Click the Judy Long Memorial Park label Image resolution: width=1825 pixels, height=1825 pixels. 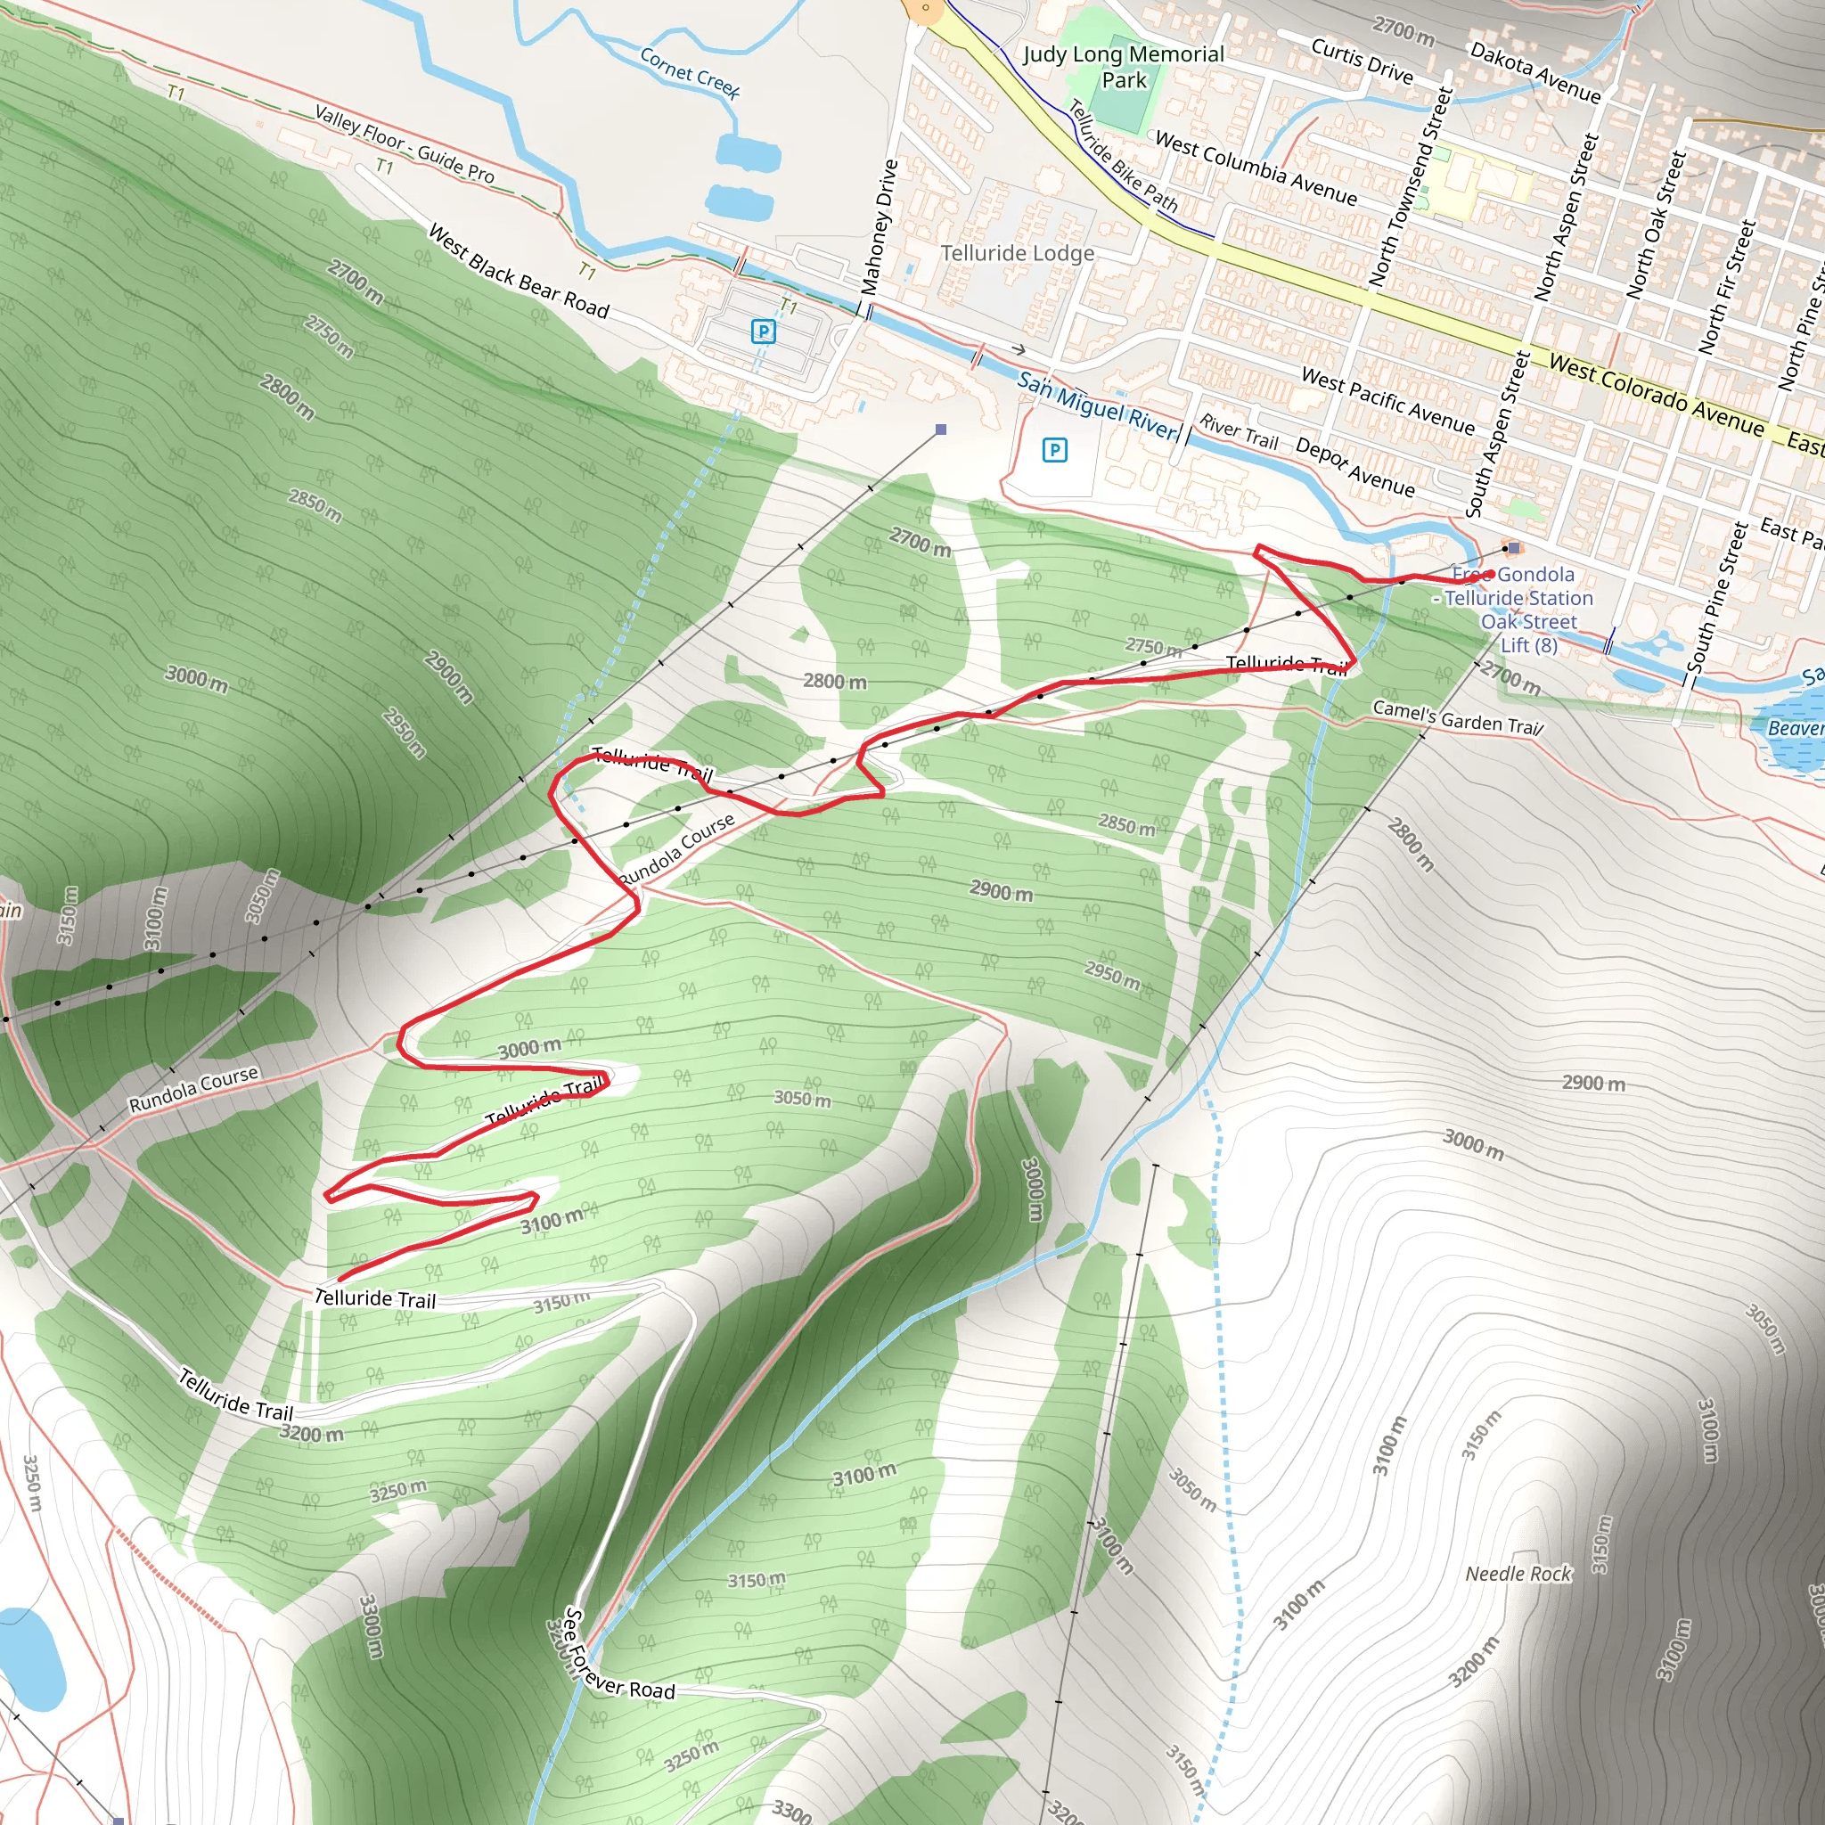click(x=1123, y=67)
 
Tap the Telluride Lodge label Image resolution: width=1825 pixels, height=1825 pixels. click(x=1018, y=253)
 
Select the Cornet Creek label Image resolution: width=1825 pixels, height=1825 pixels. click(x=690, y=73)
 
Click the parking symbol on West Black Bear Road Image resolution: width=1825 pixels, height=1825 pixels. click(x=764, y=331)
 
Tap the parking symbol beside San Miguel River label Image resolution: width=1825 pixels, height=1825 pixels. click(x=1054, y=451)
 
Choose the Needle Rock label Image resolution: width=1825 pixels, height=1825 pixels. click(x=1518, y=1574)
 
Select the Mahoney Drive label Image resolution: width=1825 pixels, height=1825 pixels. click(x=880, y=226)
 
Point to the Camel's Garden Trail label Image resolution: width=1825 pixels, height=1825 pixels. click(x=1458, y=716)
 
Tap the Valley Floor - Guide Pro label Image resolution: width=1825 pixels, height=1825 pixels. click(x=405, y=143)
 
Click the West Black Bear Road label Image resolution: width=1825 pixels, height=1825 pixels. click(x=519, y=271)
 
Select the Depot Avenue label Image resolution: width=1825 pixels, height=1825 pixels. click(x=1355, y=467)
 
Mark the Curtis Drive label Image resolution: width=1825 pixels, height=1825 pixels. click(x=1363, y=61)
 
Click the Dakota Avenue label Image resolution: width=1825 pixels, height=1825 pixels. click(x=1536, y=73)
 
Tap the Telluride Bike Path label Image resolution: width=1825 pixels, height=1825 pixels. click(x=1123, y=157)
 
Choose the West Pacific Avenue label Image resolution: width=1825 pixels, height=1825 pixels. click(x=1387, y=400)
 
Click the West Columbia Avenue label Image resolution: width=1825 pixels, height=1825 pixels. click(x=1256, y=169)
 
